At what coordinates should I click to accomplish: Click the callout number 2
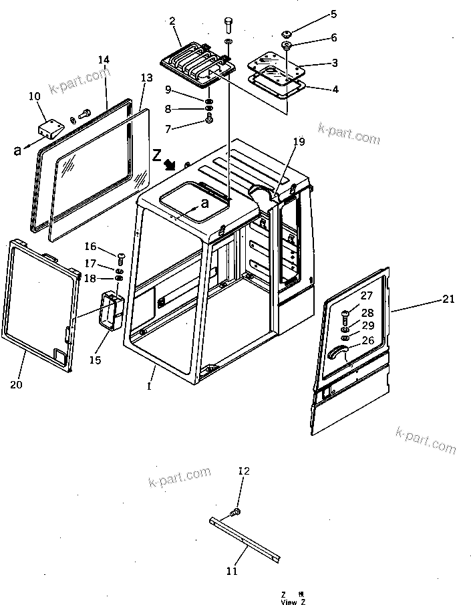[172, 21]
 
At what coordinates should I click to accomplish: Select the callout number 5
[334, 13]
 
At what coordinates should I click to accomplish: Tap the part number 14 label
[104, 59]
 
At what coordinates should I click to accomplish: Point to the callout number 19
[298, 141]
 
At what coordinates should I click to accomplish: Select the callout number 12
[244, 471]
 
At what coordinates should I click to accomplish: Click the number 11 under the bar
[231, 570]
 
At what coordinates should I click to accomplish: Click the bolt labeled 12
[234, 512]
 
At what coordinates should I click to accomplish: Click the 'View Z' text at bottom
[289, 602]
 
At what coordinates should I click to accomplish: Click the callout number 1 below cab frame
[150, 386]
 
